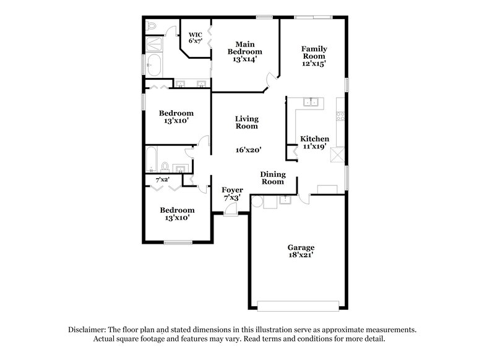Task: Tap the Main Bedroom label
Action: pyautogui.click(x=244, y=48)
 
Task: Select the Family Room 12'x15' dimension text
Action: pyautogui.click(x=314, y=63)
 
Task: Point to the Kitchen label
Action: pyautogui.click(x=314, y=139)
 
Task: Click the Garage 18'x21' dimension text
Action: pyautogui.click(x=300, y=254)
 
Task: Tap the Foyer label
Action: pyautogui.click(x=233, y=190)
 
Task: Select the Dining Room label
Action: pyautogui.click(x=272, y=178)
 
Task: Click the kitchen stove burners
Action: pyautogui.click(x=340, y=114)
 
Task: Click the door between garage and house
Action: pyautogui.click(x=303, y=199)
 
